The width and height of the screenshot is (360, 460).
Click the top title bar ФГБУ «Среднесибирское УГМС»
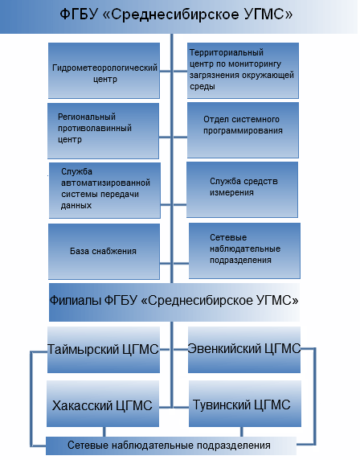(179, 16)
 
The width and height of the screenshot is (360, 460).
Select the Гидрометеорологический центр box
(104, 71)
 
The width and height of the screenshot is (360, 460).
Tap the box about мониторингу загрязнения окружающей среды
(243, 71)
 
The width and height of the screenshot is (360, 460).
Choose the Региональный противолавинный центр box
(103, 131)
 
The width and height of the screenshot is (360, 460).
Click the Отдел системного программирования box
(243, 130)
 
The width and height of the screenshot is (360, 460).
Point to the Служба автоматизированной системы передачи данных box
(104, 191)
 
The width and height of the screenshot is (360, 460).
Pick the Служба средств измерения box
(242, 190)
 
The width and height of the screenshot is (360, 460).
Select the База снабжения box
(104, 252)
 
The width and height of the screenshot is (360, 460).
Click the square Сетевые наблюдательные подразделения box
(244, 251)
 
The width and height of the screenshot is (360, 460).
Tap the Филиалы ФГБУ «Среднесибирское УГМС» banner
(174, 302)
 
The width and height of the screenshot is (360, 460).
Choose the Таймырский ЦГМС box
(104, 350)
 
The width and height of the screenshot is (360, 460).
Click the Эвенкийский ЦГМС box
(244, 350)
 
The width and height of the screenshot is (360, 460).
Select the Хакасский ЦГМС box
(103, 404)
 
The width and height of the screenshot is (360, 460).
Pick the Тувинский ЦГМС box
(245, 404)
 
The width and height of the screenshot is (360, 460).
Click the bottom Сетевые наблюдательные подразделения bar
(171, 446)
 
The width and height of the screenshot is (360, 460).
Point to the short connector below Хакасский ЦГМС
(104, 432)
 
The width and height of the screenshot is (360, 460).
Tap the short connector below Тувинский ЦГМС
(242, 432)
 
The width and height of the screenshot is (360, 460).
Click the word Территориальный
(227, 53)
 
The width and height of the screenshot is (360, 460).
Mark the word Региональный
(87, 117)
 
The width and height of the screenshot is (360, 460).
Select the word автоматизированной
(105, 183)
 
